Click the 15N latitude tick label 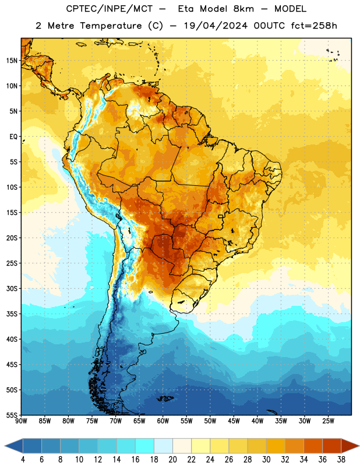pyautogui.click(x=12, y=61)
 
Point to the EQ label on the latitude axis pyautogui.click(x=13, y=137)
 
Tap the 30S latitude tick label pyautogui.click(x=12, y=288)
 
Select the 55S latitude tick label pyautogui.click(x=12, y=415)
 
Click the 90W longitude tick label pyautogui.click(x=21, y=421)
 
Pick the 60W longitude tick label pyautogui.click(x=163, y=421)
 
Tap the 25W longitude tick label pyautogui.click(x=328, y=421)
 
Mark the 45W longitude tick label pyautogui.click(x=234, y=421)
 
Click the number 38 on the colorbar pyautogui.click(x=341, y=460)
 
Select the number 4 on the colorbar pyautogui.click(x=23, y=460)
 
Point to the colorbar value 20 pyautogui.click(x=172, y=460)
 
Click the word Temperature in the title pyautogui.click(x=111, y=26)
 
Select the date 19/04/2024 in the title pyautogui.click(x=216, y=26)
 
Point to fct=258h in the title pyautogui.click(x=314, y=26)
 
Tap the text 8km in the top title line pyautogui.click(x=243, y=9)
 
